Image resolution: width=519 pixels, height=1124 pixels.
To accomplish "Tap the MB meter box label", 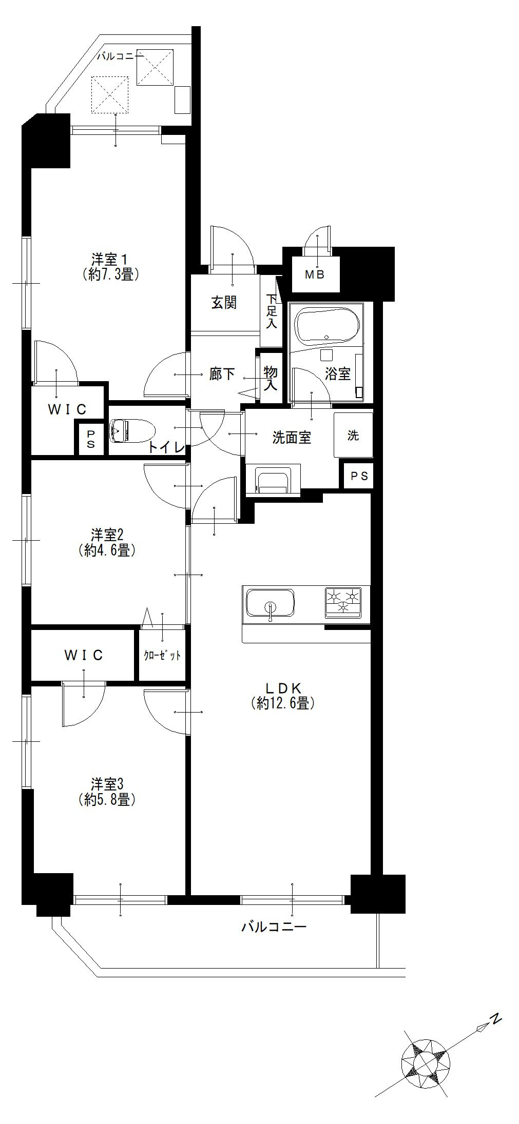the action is pyautogui.click(x=315, y=274).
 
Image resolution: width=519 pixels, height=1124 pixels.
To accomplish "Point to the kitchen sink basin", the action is pyautogui.click(x=270, y=603).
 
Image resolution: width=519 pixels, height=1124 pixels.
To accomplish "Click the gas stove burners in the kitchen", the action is pyautogui.click(x=343, y=601).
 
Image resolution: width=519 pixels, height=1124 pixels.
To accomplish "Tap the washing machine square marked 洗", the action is pyautogui.click(x=353, y=435).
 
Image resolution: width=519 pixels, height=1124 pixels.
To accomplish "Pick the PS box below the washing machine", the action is pyautogui.click(x=359, y=476).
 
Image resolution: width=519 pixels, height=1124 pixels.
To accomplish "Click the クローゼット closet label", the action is pyautogui.click(x=162, y=656).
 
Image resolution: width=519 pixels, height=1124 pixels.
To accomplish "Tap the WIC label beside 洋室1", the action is pyautogui.click(x=67, y=409).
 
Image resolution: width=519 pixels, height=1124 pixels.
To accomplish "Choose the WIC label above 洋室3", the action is pyautogui.click(x=84, y=655).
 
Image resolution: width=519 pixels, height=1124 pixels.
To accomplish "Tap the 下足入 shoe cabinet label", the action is pyautogui.click(x=272, y=311).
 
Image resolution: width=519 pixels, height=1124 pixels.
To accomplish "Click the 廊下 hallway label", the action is pyautogui.click(x=222, y=374).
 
